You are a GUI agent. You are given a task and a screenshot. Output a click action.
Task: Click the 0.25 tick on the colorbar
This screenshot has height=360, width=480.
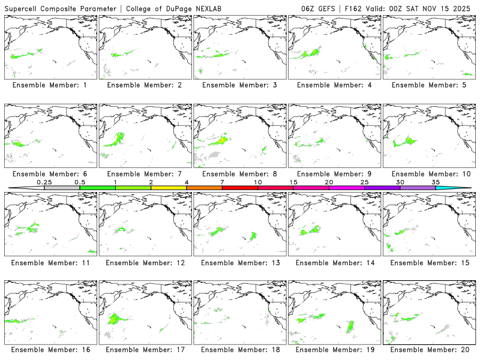pos(44,182)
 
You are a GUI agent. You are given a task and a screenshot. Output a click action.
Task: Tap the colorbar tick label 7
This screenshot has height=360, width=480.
pos(222,182)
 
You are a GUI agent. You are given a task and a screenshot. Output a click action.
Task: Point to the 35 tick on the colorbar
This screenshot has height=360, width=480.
pos(436,182)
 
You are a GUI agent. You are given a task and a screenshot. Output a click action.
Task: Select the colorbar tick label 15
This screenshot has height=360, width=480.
pos(293,182)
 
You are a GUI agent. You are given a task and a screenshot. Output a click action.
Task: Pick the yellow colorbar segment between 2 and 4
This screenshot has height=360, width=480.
pos(169,188)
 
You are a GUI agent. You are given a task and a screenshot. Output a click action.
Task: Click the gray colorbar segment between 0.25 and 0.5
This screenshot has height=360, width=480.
pos(62,188)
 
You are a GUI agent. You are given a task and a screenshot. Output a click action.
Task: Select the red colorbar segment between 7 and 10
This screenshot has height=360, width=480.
pos(239,188)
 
